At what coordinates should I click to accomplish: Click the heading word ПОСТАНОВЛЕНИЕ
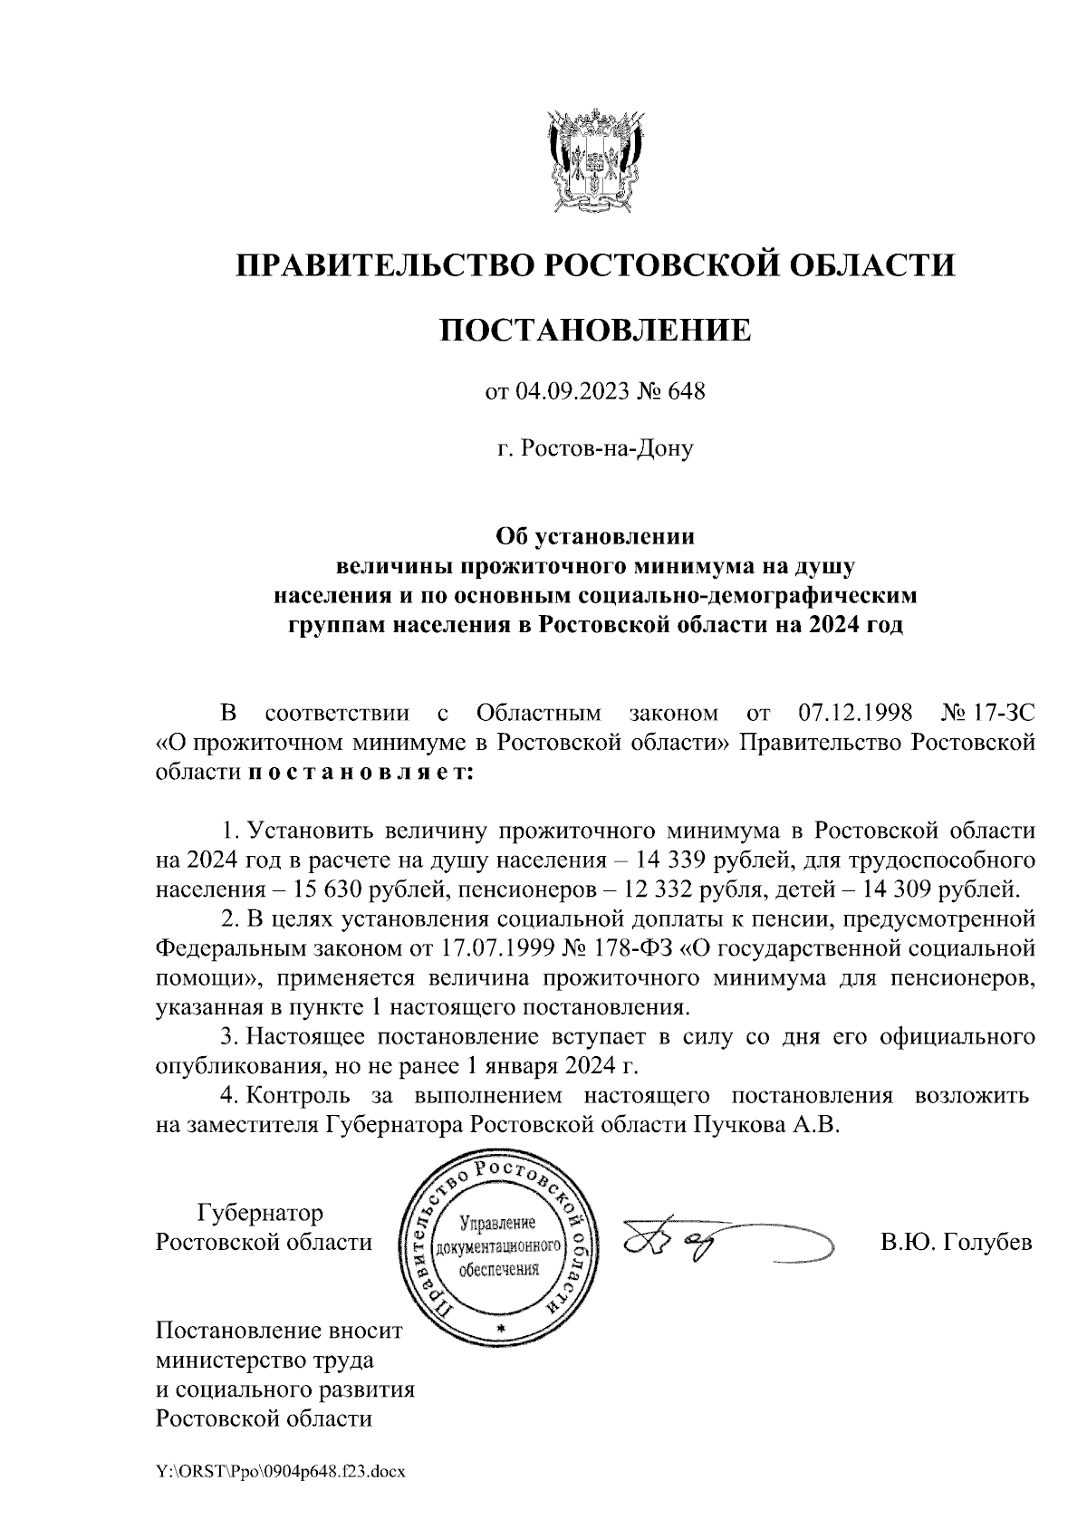[595, 330]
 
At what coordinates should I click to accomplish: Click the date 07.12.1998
[856, 714]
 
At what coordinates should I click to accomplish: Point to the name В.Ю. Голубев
[956, 1243]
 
